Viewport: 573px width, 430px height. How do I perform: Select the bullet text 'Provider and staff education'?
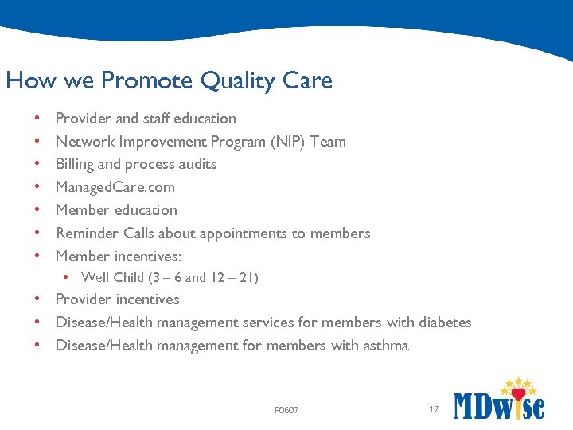tap(146, 119)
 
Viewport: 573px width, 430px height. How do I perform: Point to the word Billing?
tap(75, 164)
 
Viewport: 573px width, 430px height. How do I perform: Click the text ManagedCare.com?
tap(115, 187)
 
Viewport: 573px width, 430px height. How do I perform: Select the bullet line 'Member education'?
tap(116, 210)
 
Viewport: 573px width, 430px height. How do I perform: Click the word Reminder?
tap(87, 233)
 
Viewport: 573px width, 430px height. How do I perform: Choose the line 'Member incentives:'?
tap(119, 256)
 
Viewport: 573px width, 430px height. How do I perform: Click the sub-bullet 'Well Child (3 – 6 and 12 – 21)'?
tap(170, 278)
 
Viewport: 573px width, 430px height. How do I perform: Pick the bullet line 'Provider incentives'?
tap(117, 299)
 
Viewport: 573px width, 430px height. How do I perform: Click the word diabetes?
tap(443, 322)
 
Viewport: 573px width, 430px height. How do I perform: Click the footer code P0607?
tap(286, 410)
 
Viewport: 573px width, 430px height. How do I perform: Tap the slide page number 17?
tap(434, 409)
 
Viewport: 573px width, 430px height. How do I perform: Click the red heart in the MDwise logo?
tap(518, 394)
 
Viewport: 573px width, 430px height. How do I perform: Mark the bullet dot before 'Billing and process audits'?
tap(38, 164)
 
